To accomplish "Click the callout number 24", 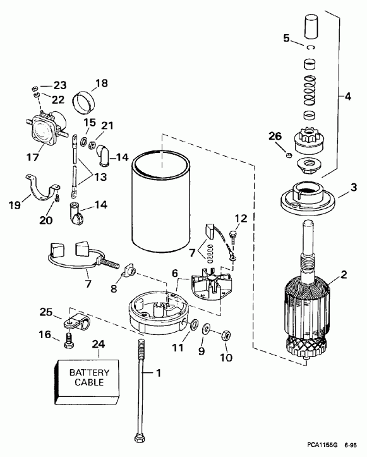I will point(98,344).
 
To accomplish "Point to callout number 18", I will point(102,83).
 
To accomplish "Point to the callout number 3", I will point(354,188).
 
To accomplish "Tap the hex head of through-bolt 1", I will point(138,438).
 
